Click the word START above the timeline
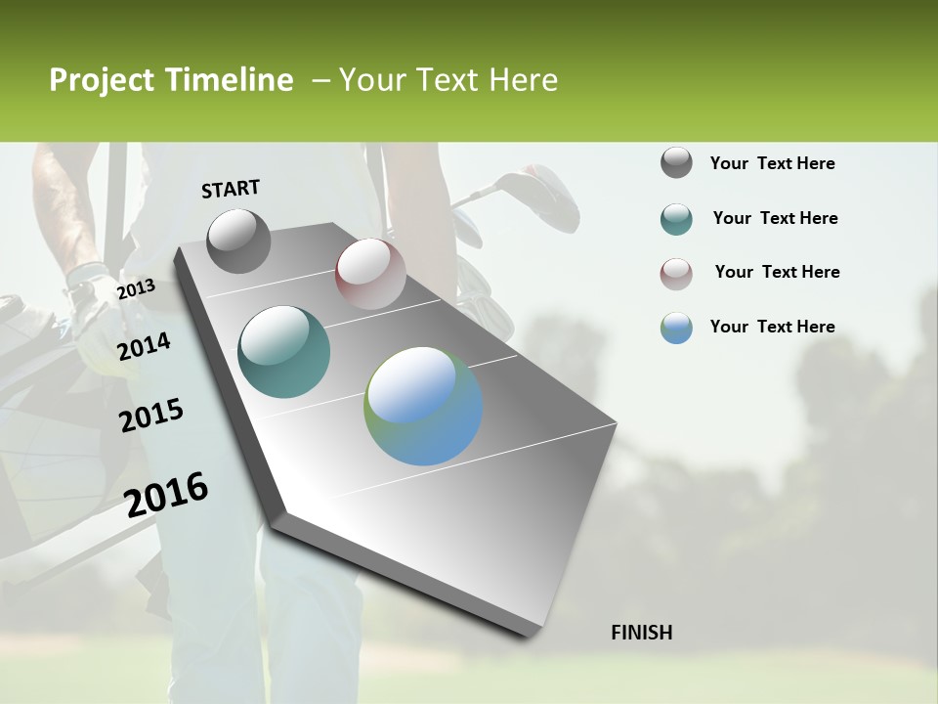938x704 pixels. (x=231, y=189)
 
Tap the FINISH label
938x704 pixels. (x=642, y=633)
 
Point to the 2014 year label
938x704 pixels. (x=144, y=346)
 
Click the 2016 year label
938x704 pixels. (x=167, y=494)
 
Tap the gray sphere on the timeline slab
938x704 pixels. (x=239, y=241)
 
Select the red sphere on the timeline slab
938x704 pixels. (x=370, y=274)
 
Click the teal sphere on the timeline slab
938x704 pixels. (x=284, y=352)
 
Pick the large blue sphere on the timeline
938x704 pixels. (x=423, y=406)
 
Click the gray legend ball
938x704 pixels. (x=676, y=162)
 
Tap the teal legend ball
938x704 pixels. (x=676, y=218)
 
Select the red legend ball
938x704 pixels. (x=676, y=273)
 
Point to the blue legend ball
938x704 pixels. (x=676, y=328)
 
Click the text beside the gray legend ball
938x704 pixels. (x=772, y=163)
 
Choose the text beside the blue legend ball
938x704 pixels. (x=772, y=327)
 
